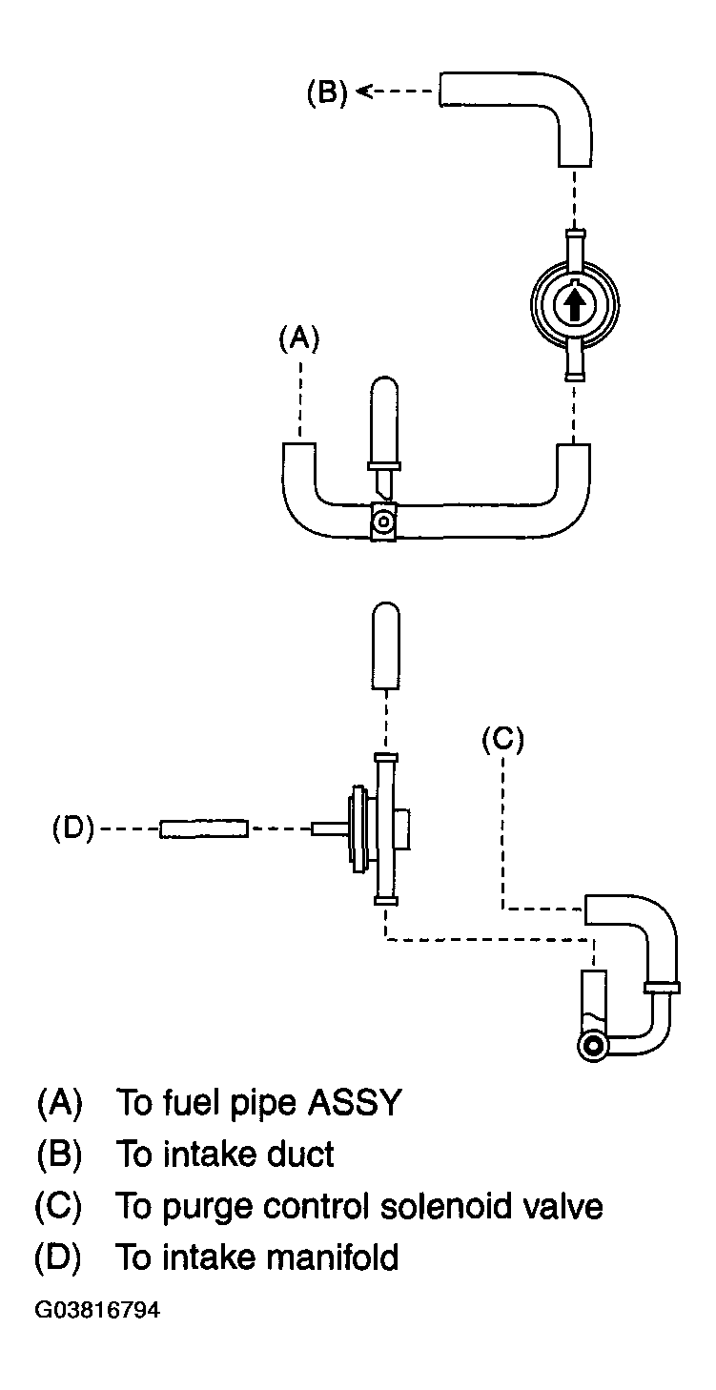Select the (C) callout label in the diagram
click(503, 740)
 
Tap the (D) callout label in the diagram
click(73, 828)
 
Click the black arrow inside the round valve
click(575, 305)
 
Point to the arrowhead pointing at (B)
click(365, 92)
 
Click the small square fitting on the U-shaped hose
click(383, 521)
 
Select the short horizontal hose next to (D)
click(204, 828)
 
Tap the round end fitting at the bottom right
click(594, 1047)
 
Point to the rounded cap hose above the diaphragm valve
click(385, 645)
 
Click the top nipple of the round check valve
click(575, 244)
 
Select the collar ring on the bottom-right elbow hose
click(662, 988)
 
